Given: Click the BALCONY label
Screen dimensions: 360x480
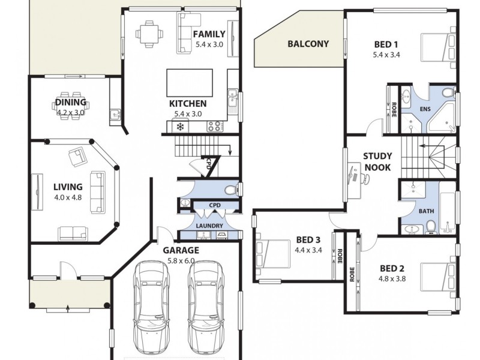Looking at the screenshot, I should click(x=308, y=44).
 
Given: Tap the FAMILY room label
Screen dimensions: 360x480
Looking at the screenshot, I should click(x=209, y=34).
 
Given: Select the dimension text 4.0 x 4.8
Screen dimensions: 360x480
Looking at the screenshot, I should click(x=68, y=197).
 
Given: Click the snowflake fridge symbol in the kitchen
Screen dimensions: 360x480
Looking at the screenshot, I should click(x=179, y=127).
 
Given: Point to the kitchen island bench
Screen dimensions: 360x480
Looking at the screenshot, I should click(x=190, y=82).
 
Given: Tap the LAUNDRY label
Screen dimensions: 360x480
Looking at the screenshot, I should click(x=209, y=226).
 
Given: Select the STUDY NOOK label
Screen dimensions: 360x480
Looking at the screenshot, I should click(x=377, y=161).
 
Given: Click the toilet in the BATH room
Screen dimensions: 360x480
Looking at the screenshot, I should click(x=431, y=226).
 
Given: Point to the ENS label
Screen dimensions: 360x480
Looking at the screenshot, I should click(x=425, y=110).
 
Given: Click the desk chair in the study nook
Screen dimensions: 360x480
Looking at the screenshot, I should click(x=365, y=178).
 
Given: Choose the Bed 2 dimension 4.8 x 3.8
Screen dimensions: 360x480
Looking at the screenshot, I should click(x=392, y=278).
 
